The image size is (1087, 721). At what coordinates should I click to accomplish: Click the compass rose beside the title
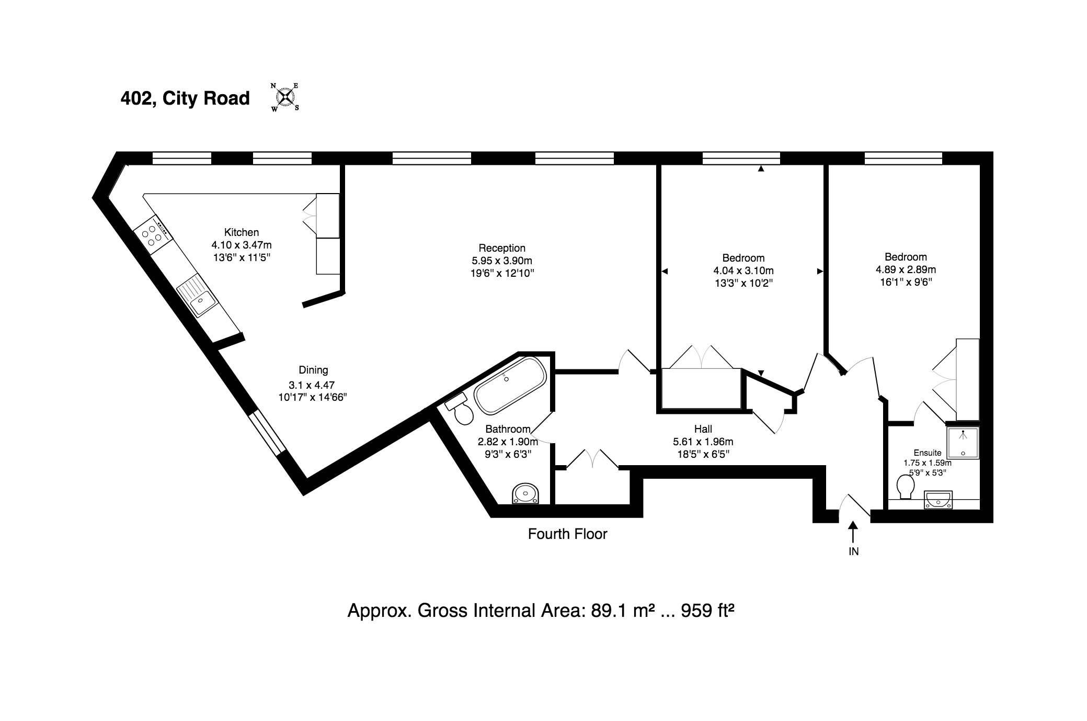click(285, 97)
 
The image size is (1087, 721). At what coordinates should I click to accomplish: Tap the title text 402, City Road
click(185, 98)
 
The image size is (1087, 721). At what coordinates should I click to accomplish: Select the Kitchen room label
click(242, 232)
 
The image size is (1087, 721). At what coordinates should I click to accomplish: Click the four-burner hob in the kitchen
click(153, 235)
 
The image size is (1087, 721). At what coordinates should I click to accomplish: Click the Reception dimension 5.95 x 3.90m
click(502, 261)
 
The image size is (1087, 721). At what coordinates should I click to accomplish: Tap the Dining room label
click(313, 370)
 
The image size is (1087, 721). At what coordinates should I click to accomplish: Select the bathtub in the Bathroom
click(510, 386)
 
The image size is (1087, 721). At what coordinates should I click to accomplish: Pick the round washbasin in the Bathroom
click(525, 493)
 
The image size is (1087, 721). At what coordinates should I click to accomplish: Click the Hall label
click(703, 429)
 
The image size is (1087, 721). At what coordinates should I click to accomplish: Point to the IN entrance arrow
click(853, 532)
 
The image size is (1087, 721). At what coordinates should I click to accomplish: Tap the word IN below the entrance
click(854, 551)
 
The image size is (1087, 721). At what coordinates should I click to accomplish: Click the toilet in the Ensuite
click(905, 487)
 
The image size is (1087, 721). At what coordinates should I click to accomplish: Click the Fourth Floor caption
click(568, 534)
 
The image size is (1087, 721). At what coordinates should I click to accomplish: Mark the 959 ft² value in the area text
click(707, 611)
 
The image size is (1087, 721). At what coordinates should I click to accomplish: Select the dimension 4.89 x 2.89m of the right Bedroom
click(906, 270)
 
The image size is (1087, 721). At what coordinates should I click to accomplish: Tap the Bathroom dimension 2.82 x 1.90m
click(508, 442)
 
